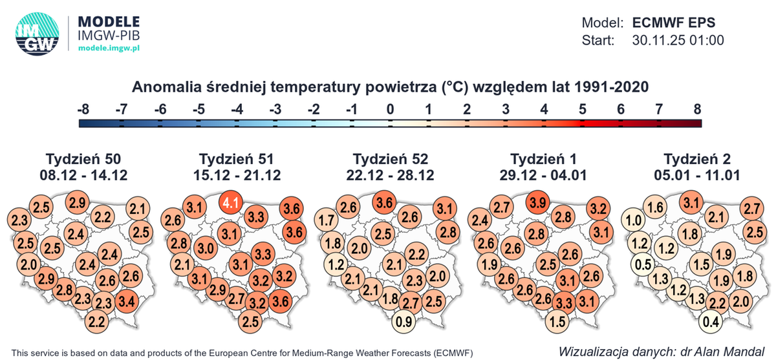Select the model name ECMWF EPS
[674, 21]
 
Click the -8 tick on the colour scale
[83, 109]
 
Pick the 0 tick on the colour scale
[390, 109]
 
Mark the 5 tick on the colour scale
[582, 109]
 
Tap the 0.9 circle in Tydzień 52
[405, 321]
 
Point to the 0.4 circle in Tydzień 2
[712, 321]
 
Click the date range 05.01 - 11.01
[698, 175]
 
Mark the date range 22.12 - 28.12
[391, 175]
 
